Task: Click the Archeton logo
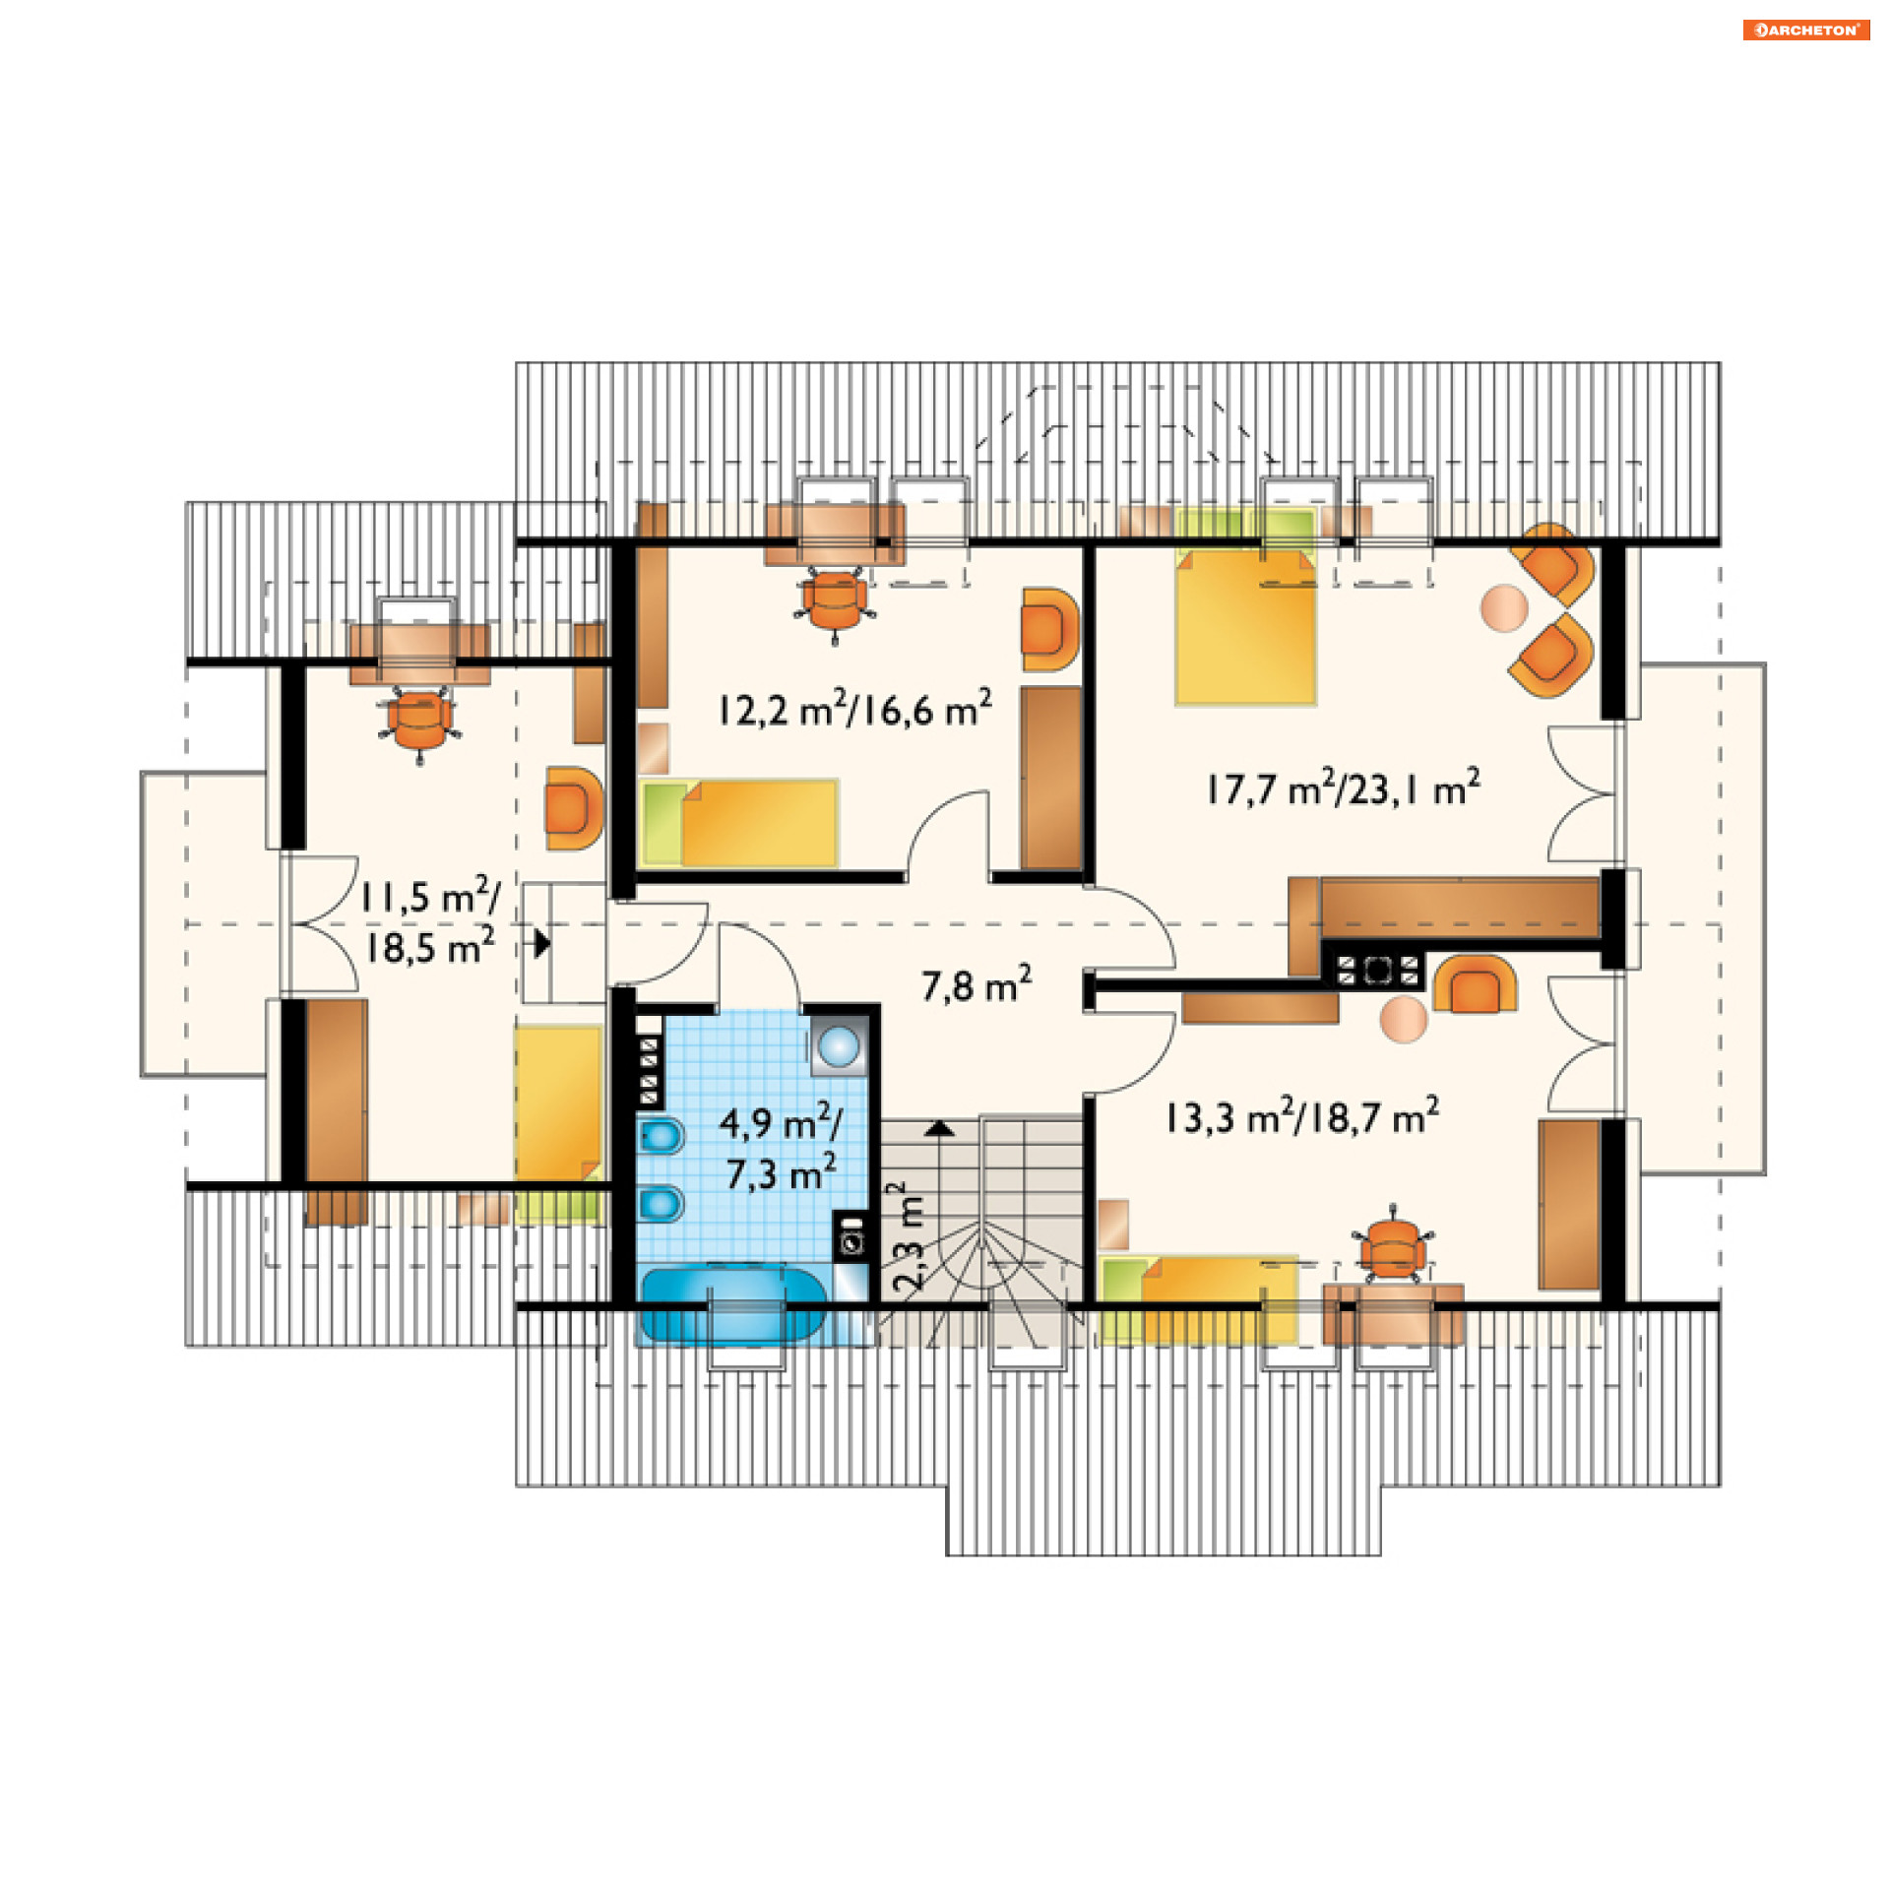click(1805, 30)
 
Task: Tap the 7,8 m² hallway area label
click(976, 984)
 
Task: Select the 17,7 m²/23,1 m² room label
click(1343, 788)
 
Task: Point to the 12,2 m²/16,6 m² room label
click(854, 709)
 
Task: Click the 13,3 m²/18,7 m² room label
click(1302, 1117)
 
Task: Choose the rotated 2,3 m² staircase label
click(908, 1237)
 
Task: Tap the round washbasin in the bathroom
click(839, 1046)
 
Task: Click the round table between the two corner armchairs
click(1503, 607)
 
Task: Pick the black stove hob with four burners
click(1377, 970)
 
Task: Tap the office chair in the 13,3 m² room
click(1392, 1246)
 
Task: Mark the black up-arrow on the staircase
click(941, 1128)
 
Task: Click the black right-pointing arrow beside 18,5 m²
click(542, 943)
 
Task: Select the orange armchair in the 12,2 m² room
click(1049, 630)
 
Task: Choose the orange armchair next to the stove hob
click(1475, 982)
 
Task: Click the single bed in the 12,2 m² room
click(738, 823)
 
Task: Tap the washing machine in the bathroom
click(851, 1235)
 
